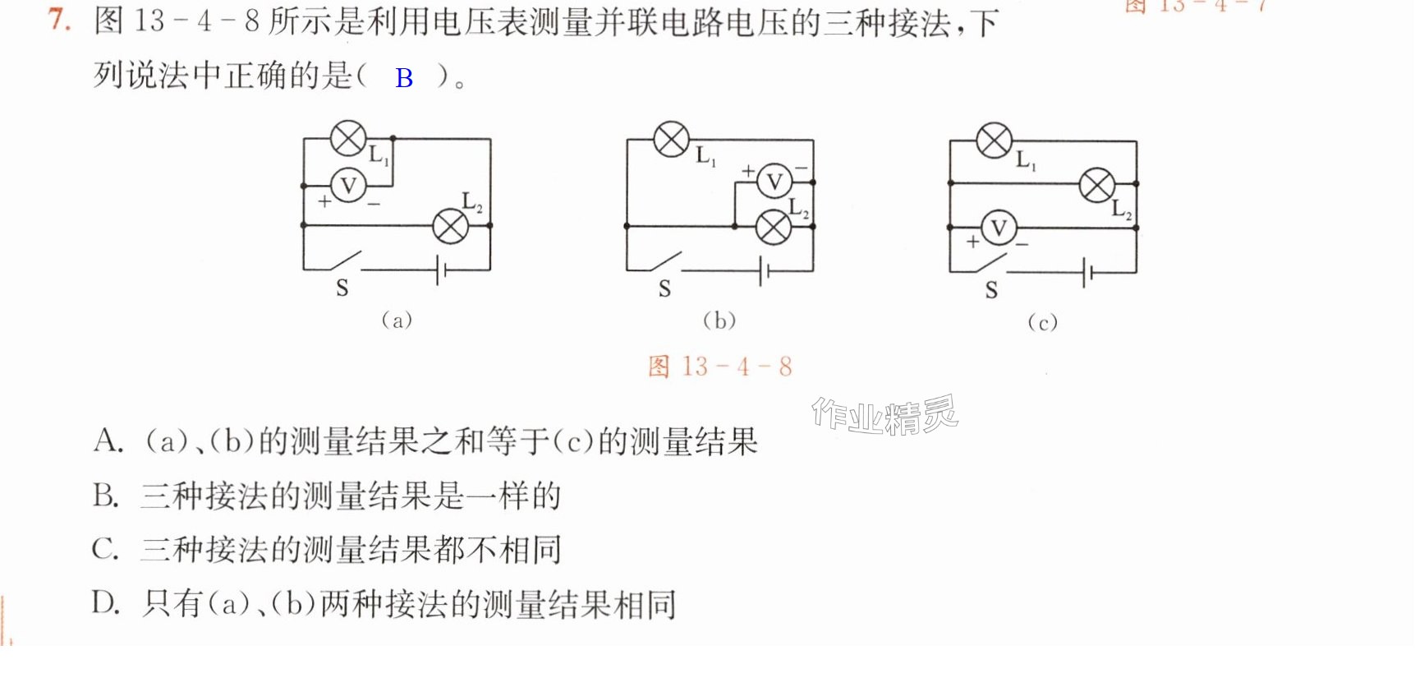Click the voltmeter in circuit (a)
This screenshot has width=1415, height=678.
(x=348, y=186)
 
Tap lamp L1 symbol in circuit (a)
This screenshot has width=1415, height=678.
(x=348, y=138)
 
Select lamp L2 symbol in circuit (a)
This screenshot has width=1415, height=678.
(x=450, y=225)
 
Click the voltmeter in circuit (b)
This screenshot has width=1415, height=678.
(x=774, y=182)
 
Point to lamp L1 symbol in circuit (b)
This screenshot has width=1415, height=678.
(x=671, y=139)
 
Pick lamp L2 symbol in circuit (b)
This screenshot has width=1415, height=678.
(x=773, y=227)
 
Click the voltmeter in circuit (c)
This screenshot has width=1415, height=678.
(x=999, y=228)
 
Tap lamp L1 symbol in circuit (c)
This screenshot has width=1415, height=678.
(x=994, y=141)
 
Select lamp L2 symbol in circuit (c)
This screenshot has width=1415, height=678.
(x=1097, y=185)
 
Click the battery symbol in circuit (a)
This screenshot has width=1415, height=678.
(x=441, y=270)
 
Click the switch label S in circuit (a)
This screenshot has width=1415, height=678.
(x=342, y=288)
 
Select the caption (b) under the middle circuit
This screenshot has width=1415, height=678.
(x=719, y=320)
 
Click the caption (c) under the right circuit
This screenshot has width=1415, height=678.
(x=1042, y=322)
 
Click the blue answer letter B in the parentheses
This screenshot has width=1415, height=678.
(x=404, y=78)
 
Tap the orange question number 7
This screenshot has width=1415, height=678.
(x=58, y=19)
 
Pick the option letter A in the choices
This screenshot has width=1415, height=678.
(x=107, y=441)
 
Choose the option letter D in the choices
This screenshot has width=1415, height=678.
(x=106, y=603)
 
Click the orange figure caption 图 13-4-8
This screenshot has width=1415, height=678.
(x=720, y=367)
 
